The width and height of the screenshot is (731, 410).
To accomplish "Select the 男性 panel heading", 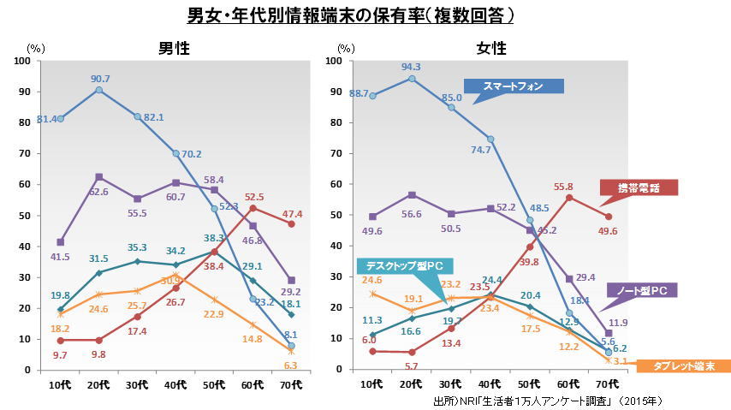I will pyautogui.click(x=174, y=48).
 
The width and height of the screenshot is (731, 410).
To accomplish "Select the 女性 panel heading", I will pyautogui.click(x=490, y=48).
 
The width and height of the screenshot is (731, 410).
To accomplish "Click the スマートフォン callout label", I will pyautogui.click(x=514, y=86).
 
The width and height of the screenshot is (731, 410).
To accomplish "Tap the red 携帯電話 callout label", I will pyautogui.click(x=638, y=187).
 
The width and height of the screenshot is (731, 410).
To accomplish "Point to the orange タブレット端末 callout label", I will pyautogui.click(x=686, y=365).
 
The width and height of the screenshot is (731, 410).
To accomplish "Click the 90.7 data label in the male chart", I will pyautogui.click(x=99, y=79).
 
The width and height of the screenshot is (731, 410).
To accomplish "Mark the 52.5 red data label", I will pyautogui.click(x=254, y=197).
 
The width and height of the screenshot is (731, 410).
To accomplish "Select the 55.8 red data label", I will pyautogui.click(x=564, y=187).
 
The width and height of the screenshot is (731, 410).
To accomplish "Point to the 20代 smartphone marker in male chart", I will pyautogui.click(x=99, y=90).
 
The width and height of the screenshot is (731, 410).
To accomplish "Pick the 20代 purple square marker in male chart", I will pyautogui.click(x=99, y=177).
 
